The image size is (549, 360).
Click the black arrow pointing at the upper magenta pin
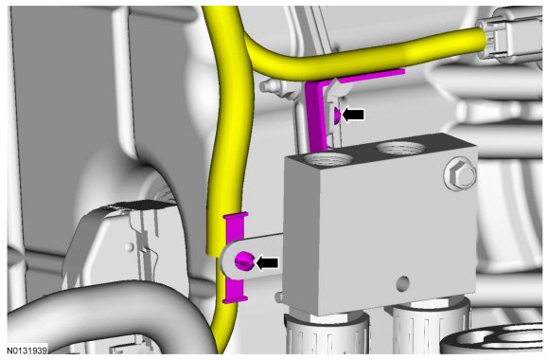pyautogui.click(x=353, y=115)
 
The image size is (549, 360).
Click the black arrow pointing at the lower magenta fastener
pyautogui.click(x=267, y=263)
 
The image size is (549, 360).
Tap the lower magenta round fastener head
pyautogui.click(x=243, y=261)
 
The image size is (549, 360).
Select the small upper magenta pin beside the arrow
pyautogui.click(x=337, y=116)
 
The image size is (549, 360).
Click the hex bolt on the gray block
pyautogui.click(x=460, y=173)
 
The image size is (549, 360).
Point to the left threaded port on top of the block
pyautogui.click(x=328, y=159)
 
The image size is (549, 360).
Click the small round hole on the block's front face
pyautogui.click(x=403, y=282)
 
